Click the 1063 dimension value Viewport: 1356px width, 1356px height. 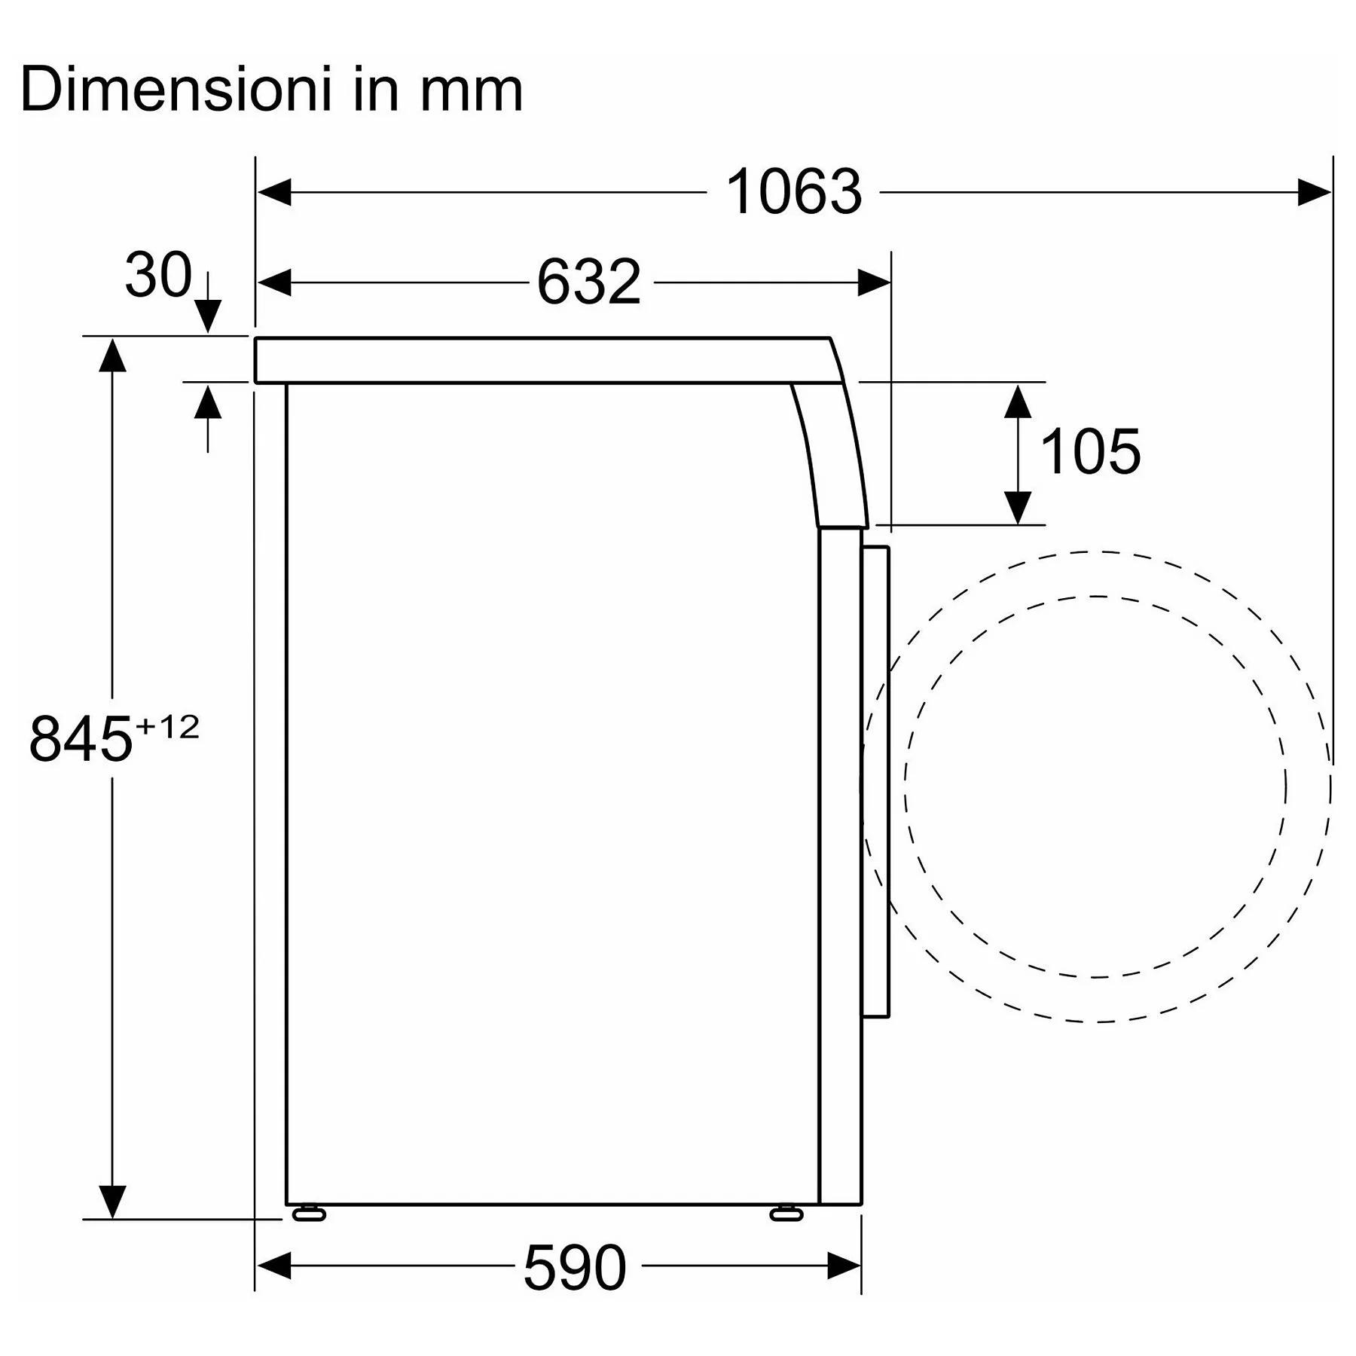tap(793, 193)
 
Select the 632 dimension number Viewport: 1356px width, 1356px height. tap(588, 282)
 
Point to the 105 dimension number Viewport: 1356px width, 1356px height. tap(1090, 452)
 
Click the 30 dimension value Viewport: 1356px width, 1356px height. tap(158, 275)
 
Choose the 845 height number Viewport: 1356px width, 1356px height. tap(81, 739)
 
